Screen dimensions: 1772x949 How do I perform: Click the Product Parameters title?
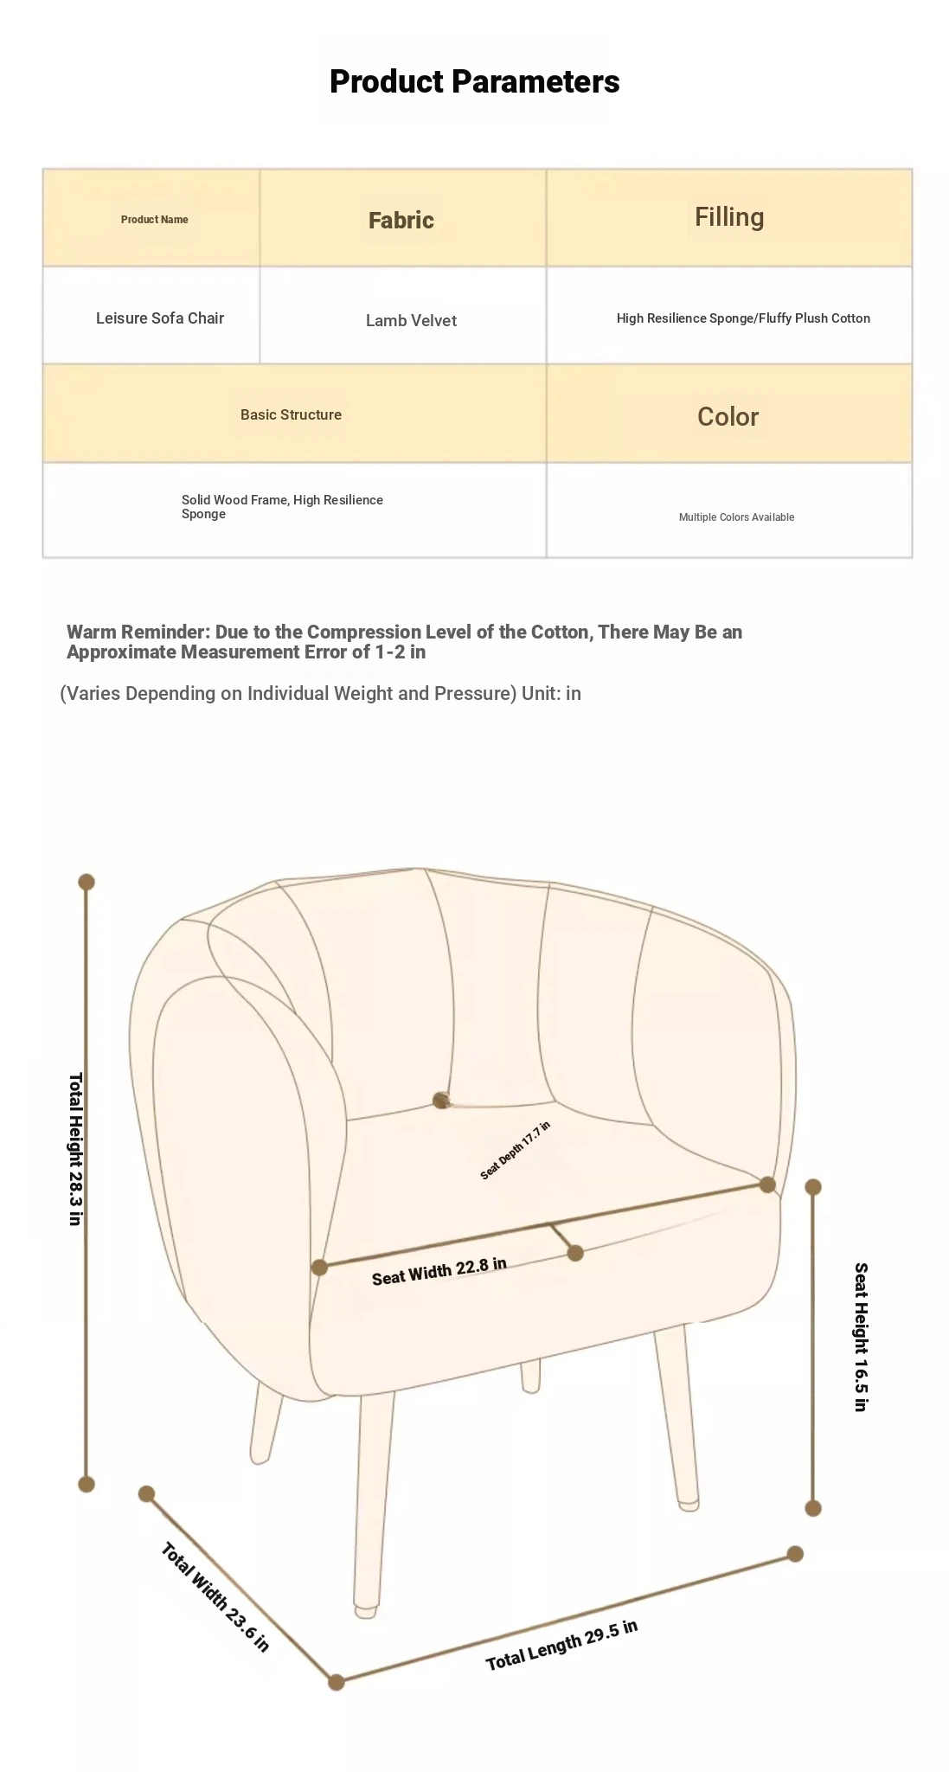(474, 81)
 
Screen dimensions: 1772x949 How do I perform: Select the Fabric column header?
(401, 220)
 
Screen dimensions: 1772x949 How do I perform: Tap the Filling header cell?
(729, 216)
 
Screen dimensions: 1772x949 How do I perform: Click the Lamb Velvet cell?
(411, 320)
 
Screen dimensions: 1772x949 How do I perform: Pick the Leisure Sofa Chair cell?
(160, 318)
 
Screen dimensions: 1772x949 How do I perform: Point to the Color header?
(728, 416)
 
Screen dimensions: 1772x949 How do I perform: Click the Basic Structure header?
(291, 414)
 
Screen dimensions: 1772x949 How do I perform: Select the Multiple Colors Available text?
(736, 517)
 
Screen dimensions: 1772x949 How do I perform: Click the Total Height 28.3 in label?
(75, 1149)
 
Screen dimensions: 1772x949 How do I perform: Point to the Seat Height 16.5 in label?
(861, 1337)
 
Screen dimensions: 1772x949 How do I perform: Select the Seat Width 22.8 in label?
(439, 1271)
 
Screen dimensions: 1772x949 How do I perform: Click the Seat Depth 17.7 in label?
(516, 1150)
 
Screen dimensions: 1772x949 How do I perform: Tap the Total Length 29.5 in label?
(561, 1645)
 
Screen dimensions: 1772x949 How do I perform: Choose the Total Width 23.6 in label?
(215, 1596)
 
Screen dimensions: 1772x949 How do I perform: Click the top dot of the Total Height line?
(87, 882)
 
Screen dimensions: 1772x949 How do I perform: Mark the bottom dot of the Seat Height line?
(813, 1508)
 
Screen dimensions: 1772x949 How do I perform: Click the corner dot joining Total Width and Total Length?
(337, 1682)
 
